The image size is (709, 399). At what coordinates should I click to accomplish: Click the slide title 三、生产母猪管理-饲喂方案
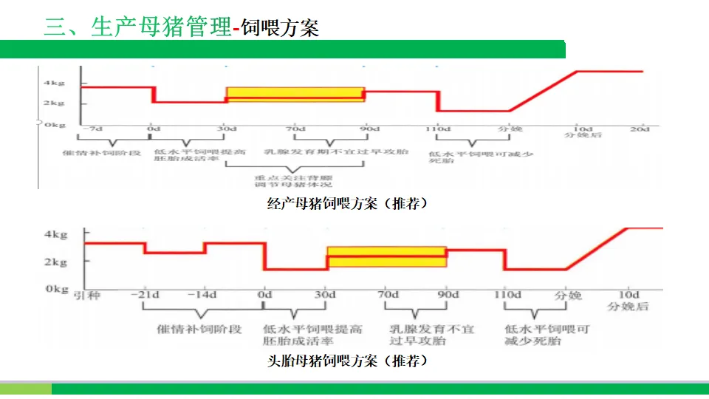coord(182,28)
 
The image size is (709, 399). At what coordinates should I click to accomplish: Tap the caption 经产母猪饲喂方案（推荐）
coord(346,204)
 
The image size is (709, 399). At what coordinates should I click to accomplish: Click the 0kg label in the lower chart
coord(56,289)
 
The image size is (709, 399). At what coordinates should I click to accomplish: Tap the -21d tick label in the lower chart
coord(145,295)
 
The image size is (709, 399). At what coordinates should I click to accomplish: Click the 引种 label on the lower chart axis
coord(86,295)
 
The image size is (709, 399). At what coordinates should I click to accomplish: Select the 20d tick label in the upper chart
coord(640,129)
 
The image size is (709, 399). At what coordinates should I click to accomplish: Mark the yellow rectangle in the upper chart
coord(295,94)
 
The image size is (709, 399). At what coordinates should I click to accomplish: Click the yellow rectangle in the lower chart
coord(386,256)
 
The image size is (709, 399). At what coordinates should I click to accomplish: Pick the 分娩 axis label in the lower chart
coord(567,295)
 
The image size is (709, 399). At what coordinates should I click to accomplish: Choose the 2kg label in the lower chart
coord(56,262)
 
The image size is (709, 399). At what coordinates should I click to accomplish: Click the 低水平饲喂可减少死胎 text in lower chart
coord(547,335)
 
